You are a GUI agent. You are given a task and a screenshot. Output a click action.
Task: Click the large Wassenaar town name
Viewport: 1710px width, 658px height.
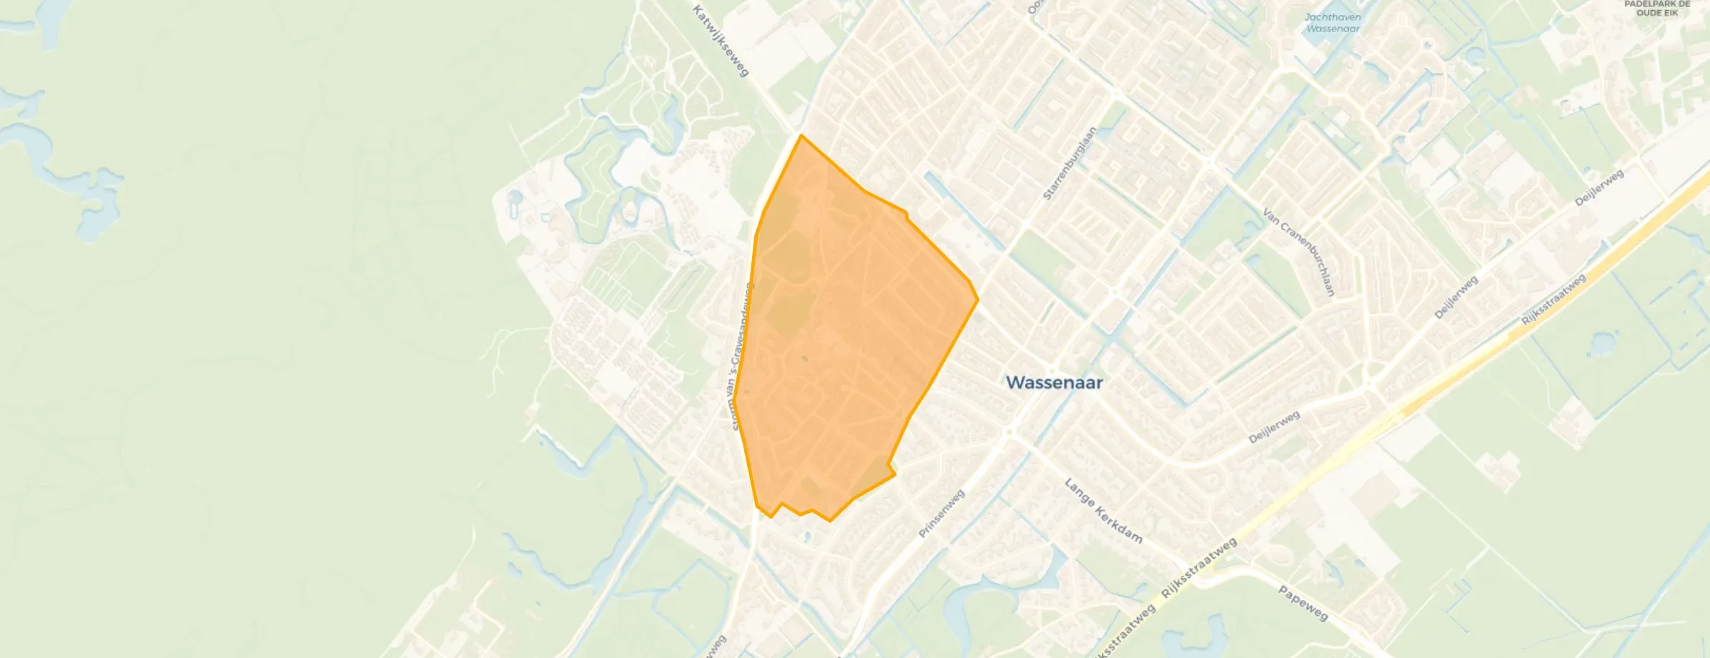(1054, 383)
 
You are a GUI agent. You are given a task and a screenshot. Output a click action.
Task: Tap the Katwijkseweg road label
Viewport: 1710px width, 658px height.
(720, 41)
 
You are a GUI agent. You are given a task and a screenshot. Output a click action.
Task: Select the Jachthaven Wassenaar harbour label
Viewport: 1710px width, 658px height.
(1333, 23)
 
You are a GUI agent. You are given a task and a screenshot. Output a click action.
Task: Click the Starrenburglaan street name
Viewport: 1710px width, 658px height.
(1070, 164)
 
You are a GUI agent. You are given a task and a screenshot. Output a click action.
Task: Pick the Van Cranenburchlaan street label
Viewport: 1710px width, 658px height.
(1298, 252)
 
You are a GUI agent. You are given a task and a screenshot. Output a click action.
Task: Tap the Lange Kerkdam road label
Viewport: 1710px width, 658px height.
(1103, 511)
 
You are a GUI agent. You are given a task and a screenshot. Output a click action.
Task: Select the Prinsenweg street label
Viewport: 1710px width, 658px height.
(942, 514)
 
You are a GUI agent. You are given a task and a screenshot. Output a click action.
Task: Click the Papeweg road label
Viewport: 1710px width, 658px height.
(1303, 604)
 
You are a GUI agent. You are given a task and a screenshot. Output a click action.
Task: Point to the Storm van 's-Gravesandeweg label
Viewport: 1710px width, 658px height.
(739, 356)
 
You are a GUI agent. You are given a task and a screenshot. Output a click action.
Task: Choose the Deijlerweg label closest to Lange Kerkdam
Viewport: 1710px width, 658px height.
(1274, 427)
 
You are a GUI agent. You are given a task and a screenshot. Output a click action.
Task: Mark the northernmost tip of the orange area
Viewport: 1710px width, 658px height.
(801, 135)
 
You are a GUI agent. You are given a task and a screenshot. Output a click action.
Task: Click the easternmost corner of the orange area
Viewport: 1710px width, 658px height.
(978, 300)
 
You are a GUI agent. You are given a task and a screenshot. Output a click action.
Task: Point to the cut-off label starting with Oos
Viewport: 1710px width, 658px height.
(1033, 7)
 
